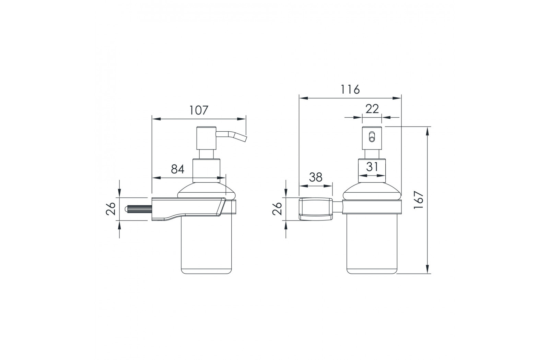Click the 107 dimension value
pyautogui.click(x=199, y=110)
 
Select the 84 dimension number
pyautogui.click(x=177, y=169)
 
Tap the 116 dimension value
pyautogui.click(x=350, y=89)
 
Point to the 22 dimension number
pyautogui.click(x=372, y=109)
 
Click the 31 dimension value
pyautogui.click(x=372, y=167)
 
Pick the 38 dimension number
pyautogui.click(x=316, y=177)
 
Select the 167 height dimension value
pyautogui.click(x=419, y=200)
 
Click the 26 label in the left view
pyautogui.click(x=111, y=209)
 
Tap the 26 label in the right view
pyautogui.click(x=278, y=209)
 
